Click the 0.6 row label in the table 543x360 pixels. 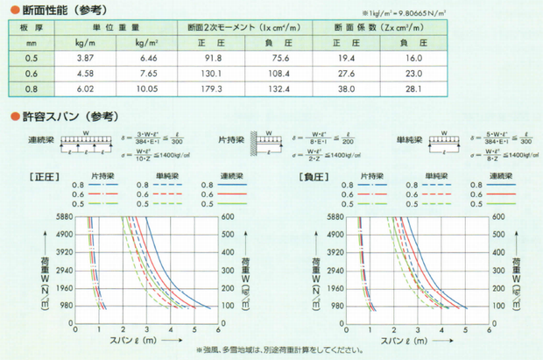(x=31, y=72)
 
